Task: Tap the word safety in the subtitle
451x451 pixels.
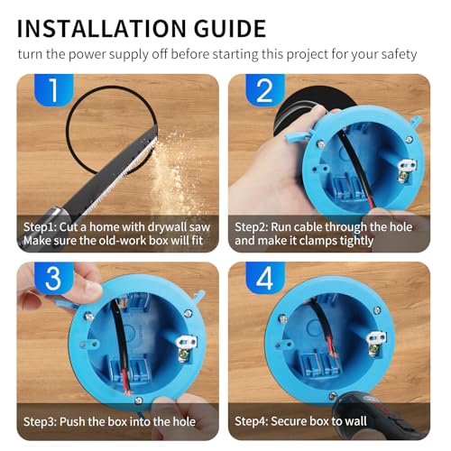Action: click(396, 54)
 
